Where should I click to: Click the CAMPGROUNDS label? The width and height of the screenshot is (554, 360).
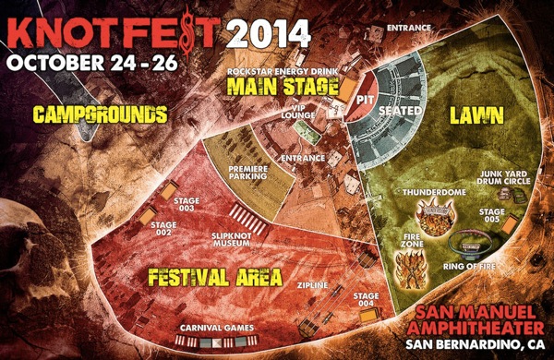pyautogui.click(x=100, y=114)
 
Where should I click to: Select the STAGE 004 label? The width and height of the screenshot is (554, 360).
pyautogui.click(x=366, y=300)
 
